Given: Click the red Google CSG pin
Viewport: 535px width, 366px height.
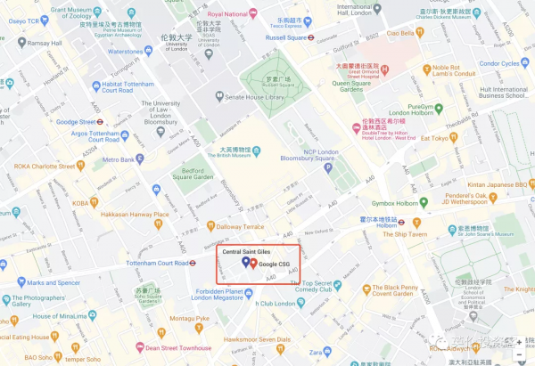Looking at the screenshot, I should tap(252, 264).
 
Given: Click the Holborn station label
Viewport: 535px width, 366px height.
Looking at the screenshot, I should tap(386, 225).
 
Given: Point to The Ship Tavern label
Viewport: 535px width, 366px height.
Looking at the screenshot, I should tap(411, 234).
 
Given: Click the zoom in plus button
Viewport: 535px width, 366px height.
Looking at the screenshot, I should tap(519, 342).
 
